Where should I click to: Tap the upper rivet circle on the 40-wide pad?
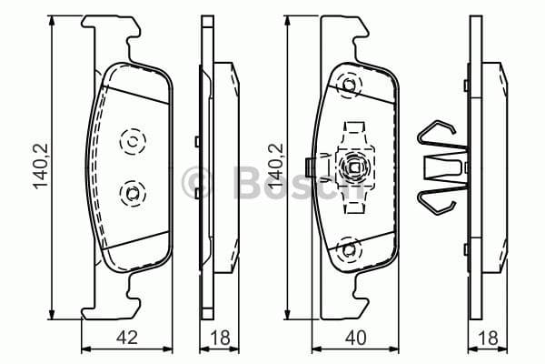pyautogui.click(x=347, y=87)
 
